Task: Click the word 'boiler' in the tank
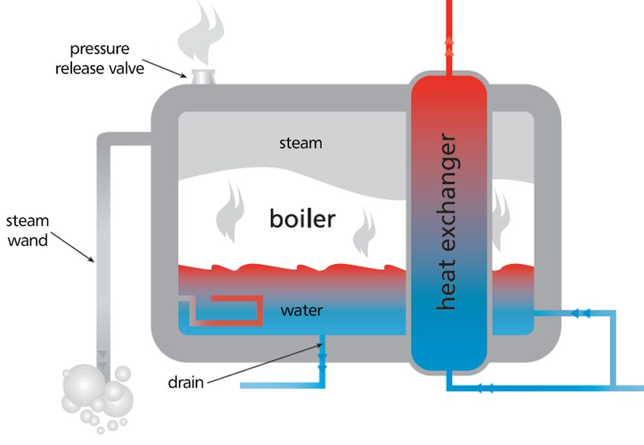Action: click(x=302, y=219)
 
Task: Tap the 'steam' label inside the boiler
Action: click(x=300, y=143)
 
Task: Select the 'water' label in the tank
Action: click(x=301, y=311)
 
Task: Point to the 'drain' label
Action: click(x=185, y=383)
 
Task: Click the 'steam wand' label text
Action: click(x=27, y=231)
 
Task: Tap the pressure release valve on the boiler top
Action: click(x=203, y=77)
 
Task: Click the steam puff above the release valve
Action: click(x=201, y=35)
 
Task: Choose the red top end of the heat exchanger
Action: click(x=449, y=90)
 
